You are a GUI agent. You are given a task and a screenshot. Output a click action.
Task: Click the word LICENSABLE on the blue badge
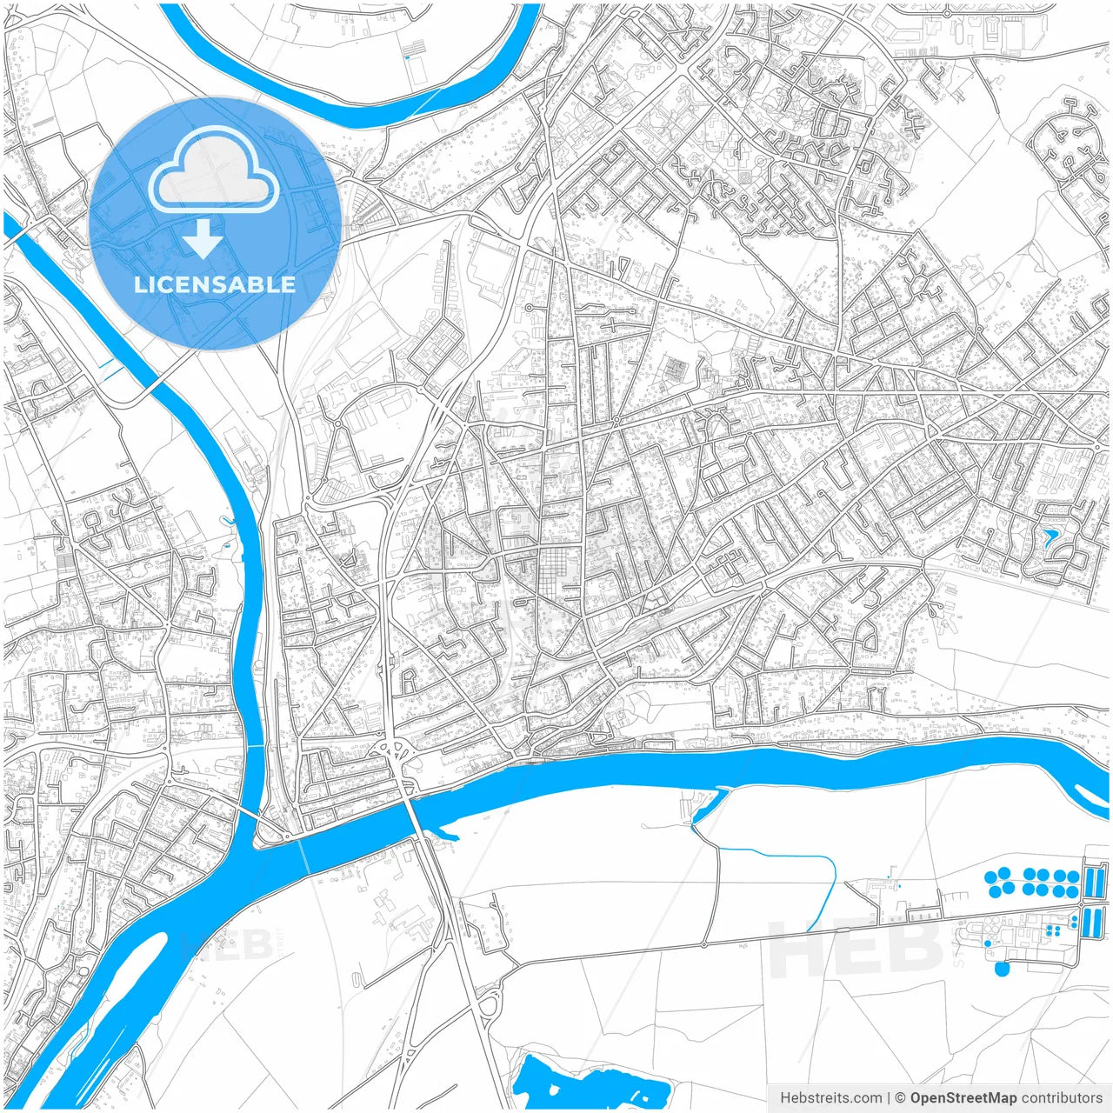click(215, 284)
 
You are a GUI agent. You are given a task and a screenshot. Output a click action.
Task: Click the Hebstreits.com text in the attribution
click(831, 1098)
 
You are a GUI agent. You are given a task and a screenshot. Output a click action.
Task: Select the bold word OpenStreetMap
click(963, 1098)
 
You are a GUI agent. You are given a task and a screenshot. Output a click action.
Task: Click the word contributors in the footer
click(1061, 1098)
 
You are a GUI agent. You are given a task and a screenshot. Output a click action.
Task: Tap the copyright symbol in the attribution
click(901, 1098)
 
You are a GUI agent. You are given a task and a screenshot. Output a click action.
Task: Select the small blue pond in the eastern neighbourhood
click(1050, 537)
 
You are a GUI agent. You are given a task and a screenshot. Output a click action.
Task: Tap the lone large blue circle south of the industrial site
click(1002, 967)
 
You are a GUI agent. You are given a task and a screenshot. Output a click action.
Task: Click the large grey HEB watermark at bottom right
click(856, 948)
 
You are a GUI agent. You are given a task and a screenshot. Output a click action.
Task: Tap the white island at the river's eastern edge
click(1091, 794)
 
